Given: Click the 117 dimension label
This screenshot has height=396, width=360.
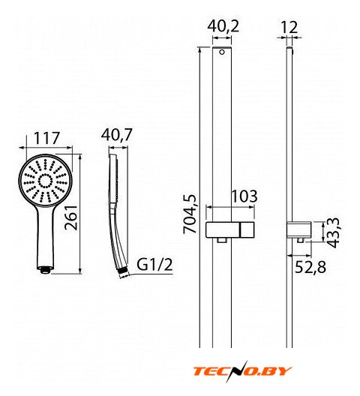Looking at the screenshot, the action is [46, 138].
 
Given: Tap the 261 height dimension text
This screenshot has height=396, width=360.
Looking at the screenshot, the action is [70, 217].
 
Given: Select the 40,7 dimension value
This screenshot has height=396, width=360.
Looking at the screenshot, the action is [116, 134].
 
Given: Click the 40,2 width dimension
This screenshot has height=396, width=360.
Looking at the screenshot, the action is [223, 26].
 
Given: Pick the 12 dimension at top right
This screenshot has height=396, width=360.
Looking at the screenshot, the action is [289, 27].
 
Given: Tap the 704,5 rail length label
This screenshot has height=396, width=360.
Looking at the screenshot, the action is [190, 214].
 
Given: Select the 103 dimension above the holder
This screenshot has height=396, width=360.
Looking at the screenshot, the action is [244, 196].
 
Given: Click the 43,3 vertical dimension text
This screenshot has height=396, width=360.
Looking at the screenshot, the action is [332, 232].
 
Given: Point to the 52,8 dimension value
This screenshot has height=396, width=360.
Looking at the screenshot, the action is [310, 267].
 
